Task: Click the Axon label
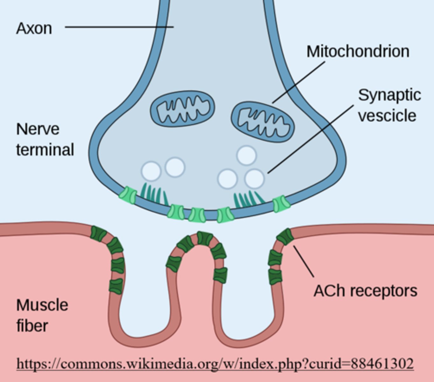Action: point(34,28)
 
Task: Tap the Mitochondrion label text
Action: point(358,51)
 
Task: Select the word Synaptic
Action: point(389,95)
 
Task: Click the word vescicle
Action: point(387,115)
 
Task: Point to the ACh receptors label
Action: point(365,291)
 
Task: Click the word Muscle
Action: point(42,305)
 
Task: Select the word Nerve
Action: point(38,129)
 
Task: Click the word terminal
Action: point(45,150)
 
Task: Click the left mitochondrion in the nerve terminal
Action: point(182,108)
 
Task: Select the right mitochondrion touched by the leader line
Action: point(263,122)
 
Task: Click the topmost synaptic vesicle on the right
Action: point(246,155)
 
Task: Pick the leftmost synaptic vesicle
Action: point(151,171)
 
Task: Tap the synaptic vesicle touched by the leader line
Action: point(254,179)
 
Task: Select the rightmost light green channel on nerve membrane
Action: point(281,204)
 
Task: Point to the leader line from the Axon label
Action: point(119,27)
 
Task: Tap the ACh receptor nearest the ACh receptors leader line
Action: point(284,237)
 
